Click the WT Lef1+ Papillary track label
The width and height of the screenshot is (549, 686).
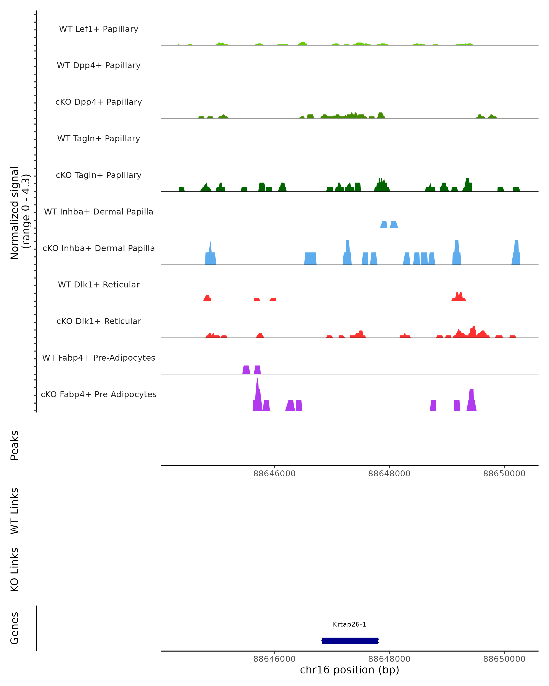coord(99,29)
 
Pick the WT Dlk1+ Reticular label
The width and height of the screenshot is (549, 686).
coord(99,284)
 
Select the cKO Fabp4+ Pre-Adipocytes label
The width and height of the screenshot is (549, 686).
coord(99,394)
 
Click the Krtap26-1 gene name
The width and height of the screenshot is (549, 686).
coord(350,624)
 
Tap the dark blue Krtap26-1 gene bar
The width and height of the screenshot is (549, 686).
coord(350,640)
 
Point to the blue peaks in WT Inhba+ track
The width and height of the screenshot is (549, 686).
coord(389,225)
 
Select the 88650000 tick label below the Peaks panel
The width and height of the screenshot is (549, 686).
coord(504,474)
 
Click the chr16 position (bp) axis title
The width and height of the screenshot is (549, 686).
coord(350,670)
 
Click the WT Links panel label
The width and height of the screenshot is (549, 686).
coord(15,511)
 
